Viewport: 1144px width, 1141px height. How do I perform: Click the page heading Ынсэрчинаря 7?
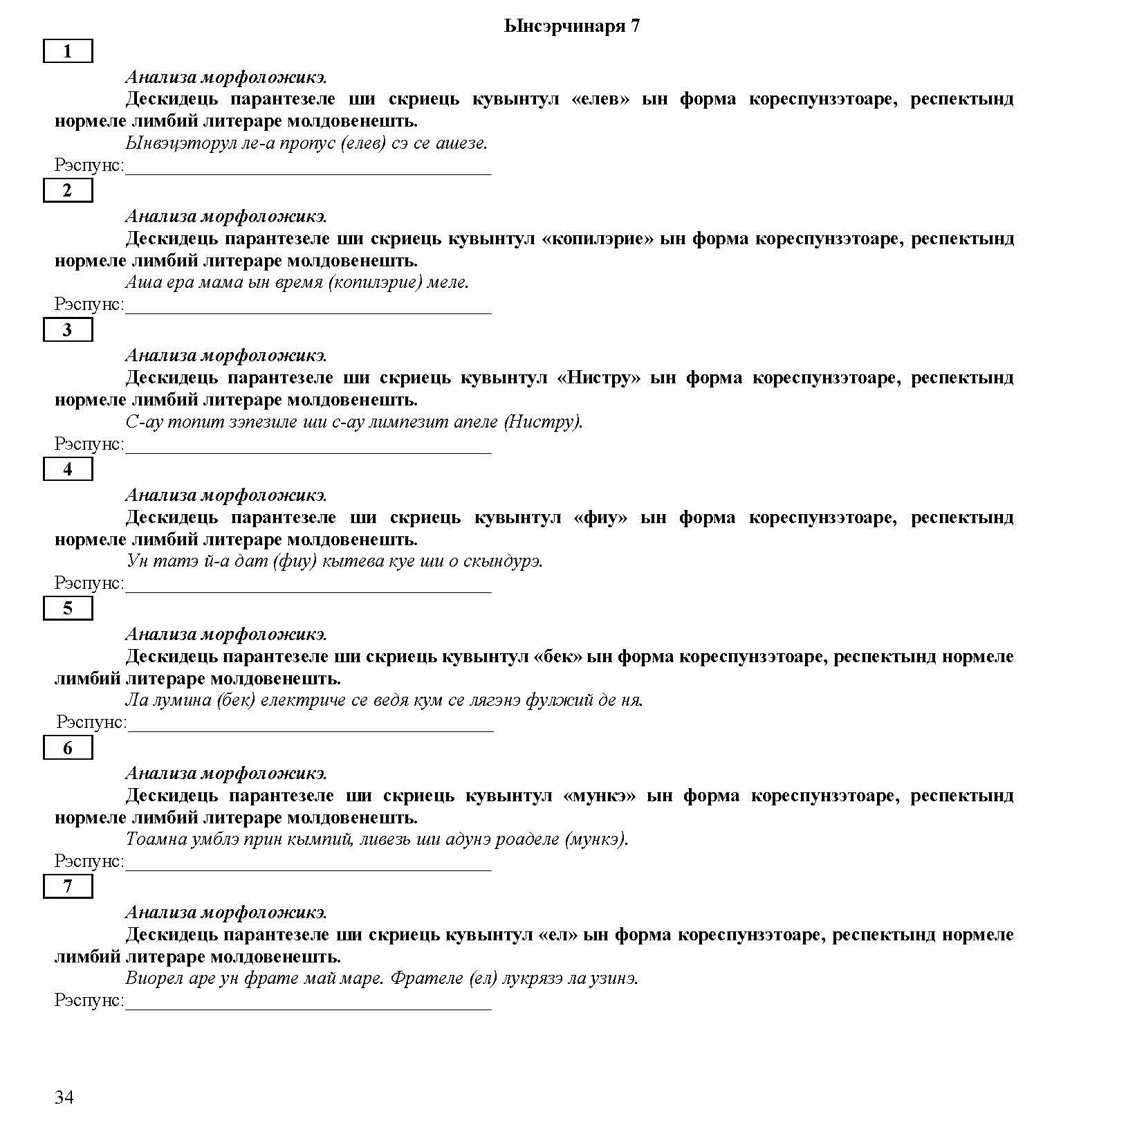(572, 26)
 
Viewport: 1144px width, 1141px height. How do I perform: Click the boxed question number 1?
(68, 51)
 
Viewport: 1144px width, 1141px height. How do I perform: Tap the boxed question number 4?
(68, 469)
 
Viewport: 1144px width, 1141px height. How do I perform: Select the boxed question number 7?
(68, 886)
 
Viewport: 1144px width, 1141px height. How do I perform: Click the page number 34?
(64, 1097)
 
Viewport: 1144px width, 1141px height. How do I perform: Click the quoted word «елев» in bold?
(600, 99)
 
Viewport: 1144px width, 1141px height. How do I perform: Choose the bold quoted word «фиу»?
(600, 518)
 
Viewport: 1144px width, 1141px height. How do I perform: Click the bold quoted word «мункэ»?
(599, 796)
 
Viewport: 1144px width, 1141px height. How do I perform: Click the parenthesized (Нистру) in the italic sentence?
(543, 422)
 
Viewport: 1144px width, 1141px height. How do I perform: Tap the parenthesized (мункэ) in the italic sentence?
(596, 839)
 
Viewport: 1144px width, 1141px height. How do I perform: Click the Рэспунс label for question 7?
(89, 1001)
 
